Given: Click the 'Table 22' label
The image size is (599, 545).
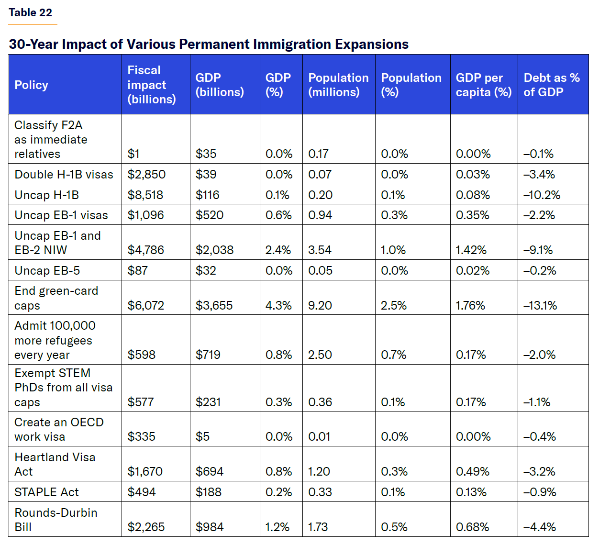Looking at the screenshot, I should click(x=30, y=13).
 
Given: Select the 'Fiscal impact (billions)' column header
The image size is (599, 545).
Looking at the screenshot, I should click(x=151, y=85).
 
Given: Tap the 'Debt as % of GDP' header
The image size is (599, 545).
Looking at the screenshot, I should click(x=551, y=85).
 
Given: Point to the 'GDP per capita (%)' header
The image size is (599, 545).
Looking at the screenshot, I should click(x=483, y=85).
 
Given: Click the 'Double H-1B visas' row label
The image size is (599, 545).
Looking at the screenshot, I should click(x=64, y=175).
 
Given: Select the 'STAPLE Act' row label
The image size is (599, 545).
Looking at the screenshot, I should click(x=46, y=492).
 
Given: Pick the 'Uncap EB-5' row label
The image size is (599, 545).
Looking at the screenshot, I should click(x=47, y=271).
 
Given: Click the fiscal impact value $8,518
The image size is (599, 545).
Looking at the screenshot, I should click(x=145, y=195).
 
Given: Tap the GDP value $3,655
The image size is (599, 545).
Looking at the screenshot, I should click(x=214, y=306).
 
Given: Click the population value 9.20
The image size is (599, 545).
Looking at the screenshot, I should click(x=320, y=306).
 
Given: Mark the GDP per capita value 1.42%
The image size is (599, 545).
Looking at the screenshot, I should click(x=471, y=250).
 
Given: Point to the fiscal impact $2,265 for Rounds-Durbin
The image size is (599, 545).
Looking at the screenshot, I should click(x=146, y=527).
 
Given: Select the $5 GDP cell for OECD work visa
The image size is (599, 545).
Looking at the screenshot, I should click(x=202, y=437).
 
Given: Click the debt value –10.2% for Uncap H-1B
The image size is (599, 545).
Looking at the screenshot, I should click(x=542, y=195).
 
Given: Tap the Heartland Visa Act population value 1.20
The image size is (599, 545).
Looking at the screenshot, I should click(x=319, y=472).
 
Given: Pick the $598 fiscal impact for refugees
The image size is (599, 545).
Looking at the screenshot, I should click(x=141, y=355).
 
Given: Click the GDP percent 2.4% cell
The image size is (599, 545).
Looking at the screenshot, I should click(x=278, y=250).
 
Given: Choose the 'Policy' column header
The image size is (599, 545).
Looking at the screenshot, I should click(x=31, y=85).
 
